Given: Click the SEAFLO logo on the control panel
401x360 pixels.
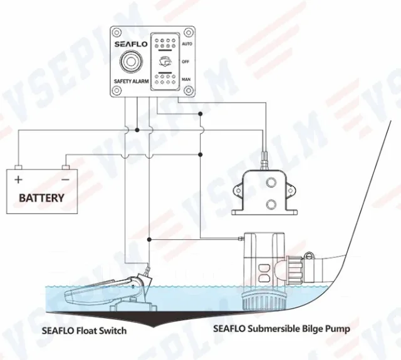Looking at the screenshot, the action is coord(131,44).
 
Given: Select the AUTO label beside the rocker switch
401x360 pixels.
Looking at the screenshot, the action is coord(187,44).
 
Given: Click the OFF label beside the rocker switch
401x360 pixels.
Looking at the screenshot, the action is coord(185,62).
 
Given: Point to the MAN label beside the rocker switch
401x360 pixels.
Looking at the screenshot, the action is coord(186,80).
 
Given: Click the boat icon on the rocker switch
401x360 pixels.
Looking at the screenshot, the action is coord(165,62).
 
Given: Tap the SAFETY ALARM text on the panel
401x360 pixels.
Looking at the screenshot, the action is coord(131,81).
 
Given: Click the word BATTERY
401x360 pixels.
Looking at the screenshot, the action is coord(42,198).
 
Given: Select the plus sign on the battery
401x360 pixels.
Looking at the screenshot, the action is coord(18,180).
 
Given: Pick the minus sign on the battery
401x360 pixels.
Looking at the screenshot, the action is coord(66,180).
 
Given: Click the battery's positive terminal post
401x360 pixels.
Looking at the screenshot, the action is coord(18,167).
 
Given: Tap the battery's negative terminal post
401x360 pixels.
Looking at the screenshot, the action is coord(66,167).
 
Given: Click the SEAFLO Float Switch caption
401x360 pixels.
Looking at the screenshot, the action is coord(84,331).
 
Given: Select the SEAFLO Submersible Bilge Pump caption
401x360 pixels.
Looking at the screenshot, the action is coord(281,329).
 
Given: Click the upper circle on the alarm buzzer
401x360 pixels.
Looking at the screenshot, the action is coord(271,182).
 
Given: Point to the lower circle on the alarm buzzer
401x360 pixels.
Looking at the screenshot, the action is coord(271,204).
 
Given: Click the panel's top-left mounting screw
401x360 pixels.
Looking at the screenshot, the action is coord(117,33).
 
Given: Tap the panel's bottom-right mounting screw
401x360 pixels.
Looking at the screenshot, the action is coord(189,90).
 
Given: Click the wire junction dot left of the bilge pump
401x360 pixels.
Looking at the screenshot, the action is coord(149,239).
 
